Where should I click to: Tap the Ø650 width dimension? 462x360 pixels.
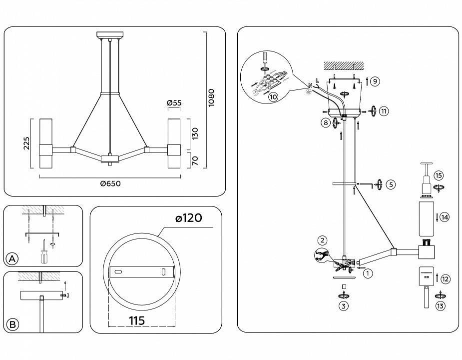point(110,183)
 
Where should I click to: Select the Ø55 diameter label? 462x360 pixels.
point(174,103)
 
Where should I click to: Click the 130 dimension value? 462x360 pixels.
point(195,133)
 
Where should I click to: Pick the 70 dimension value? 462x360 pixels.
point(195,160)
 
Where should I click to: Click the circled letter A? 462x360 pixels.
point(13,258)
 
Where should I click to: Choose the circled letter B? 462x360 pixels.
point(13,324)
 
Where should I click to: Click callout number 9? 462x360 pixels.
point(375,81)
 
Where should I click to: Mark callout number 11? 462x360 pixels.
point(384,111)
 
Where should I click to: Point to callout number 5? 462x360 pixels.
point(391,184)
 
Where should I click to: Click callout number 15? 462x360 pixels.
point(439,175)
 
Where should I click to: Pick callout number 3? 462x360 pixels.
point(343,306)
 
